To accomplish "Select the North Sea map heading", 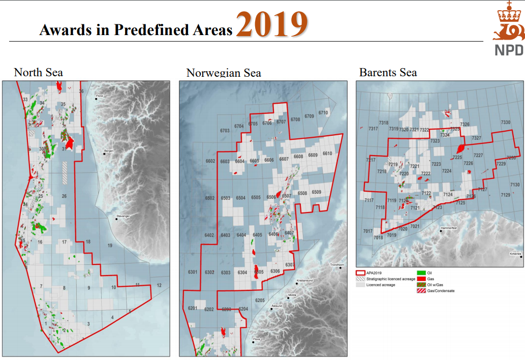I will [38, 72].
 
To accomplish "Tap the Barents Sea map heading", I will [388, 72].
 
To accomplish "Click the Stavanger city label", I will [123, 216].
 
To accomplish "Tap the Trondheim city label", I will [337, 265].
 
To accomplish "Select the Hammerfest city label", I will [449, 228].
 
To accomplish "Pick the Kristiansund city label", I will [304, 280].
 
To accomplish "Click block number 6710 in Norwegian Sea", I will [323, 112].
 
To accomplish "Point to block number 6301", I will [192, 273].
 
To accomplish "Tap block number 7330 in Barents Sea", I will [505, 123].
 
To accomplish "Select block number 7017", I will [367, 231].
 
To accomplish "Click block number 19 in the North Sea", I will [110, 246].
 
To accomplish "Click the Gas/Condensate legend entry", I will [440, 291].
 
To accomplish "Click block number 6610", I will [327, 154].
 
